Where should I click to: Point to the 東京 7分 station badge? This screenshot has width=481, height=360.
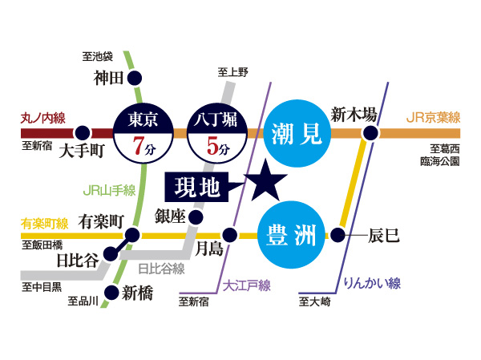[x=144, y=133]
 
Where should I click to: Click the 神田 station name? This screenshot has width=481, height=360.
[x=107, y=78]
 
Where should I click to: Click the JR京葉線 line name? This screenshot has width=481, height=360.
[x=433, y=118]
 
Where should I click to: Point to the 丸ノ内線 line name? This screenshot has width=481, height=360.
[x=42, y=117]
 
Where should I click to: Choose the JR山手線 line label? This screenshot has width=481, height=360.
[x=109, y=191]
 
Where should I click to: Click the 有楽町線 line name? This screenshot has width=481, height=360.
[x=40, y=221]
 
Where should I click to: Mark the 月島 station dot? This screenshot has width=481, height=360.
[x=230, y=235]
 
